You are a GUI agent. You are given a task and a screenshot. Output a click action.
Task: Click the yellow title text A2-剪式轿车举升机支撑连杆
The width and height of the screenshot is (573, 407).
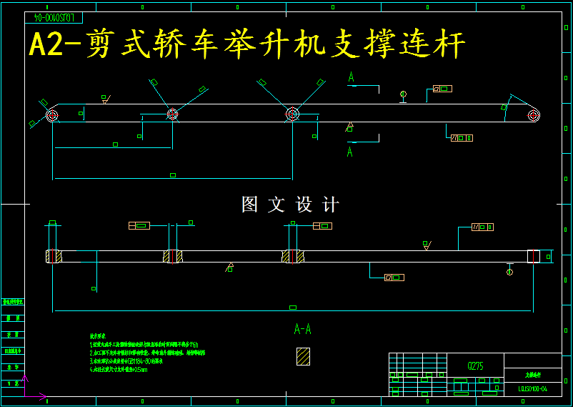[x=246, y=44]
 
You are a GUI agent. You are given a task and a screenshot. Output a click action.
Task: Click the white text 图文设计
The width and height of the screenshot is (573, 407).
[x=290, y=205]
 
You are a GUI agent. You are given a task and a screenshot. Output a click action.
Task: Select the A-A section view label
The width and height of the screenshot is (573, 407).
[x=303, y=329]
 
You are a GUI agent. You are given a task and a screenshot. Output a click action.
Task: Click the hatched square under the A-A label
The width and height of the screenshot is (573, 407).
[x=304, y=356]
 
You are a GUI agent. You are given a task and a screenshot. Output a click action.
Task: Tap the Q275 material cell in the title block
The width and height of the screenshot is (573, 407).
[x=475, y=366]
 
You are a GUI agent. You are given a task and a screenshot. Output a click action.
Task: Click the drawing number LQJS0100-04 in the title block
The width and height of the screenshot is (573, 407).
[x=532, y=390]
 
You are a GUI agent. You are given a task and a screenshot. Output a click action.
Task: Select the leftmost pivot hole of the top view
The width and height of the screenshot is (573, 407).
[x=52, y=114]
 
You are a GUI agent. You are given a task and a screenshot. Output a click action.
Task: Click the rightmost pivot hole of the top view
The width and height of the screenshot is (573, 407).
[x=533, y=114]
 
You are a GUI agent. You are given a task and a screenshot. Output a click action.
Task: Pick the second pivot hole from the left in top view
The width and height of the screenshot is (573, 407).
[x=172, y=114]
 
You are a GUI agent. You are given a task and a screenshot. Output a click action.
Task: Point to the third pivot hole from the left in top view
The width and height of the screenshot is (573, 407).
[x=292, y=114]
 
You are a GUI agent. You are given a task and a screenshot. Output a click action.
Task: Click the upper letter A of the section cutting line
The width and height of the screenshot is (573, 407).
[x=351, y=77]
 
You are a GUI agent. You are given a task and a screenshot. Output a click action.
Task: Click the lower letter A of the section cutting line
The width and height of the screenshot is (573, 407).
[x=350, y=152]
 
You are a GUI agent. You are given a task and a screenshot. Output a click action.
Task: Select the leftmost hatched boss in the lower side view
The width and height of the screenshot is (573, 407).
[x=53, y=256]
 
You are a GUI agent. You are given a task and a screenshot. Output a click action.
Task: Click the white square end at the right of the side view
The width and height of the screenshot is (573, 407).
[x=533, y=256]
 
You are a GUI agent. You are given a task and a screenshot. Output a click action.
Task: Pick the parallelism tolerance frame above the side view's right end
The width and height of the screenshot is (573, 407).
[x=482, y=227]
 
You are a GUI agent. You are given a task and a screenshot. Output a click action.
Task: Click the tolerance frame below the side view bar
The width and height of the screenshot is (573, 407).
[x=394, y=277]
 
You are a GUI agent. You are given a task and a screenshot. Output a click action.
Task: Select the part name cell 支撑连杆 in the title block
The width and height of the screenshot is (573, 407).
[x=533, y=374]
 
